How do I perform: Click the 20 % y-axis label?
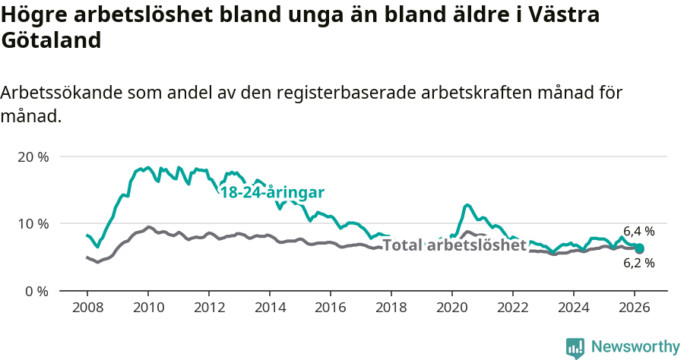33,157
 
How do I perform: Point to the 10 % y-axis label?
33,224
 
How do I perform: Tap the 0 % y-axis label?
36,291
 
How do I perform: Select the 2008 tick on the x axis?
87,308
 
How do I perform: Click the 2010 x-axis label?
148,308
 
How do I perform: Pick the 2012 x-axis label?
209,308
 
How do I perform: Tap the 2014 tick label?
270,308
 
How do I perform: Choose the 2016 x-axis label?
331,308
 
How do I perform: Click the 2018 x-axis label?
391,308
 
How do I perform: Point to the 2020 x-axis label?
452,308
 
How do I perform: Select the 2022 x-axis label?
513,308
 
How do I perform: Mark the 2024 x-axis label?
574,308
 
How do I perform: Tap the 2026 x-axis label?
635,308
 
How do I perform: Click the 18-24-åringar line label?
272,192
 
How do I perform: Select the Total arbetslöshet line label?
454,245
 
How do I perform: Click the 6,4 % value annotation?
638,231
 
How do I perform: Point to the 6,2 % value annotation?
638,264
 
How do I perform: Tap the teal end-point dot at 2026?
639,248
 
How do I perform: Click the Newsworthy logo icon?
575,347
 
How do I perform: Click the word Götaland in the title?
51,40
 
